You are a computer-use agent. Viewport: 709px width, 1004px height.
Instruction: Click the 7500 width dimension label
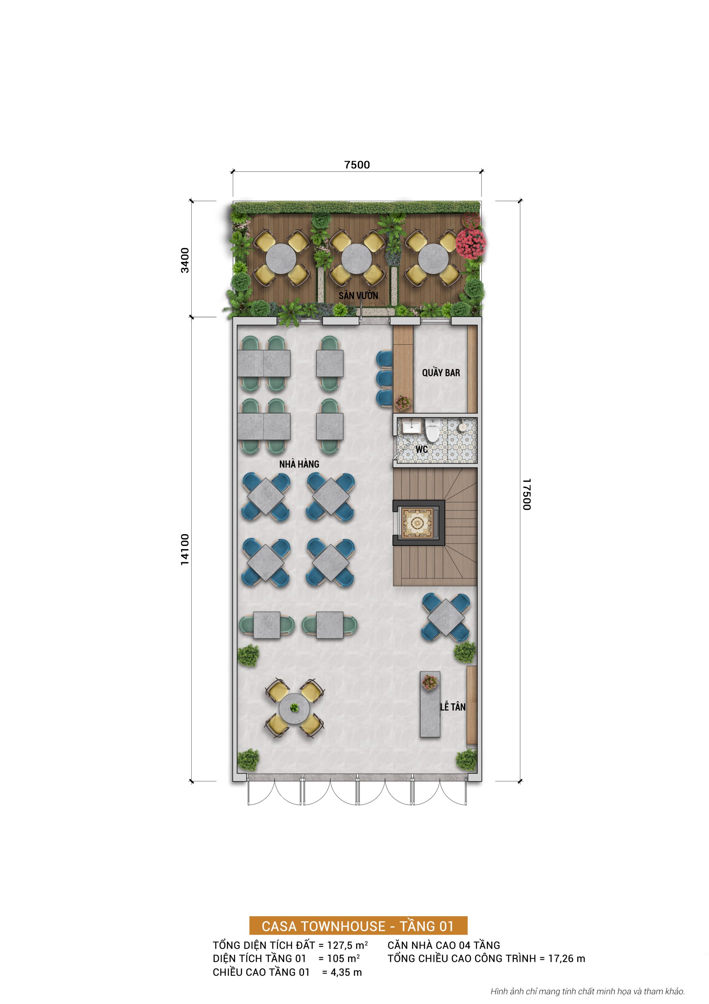[x=357, y=165]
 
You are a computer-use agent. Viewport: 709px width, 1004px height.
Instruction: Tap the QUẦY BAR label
[x=441, y=373]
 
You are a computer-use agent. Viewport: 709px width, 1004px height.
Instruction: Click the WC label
[x=421, y=449]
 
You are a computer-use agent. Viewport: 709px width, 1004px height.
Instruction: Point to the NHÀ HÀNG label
[x=299, y=464]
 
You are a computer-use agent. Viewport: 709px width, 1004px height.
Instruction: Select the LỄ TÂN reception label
[x=452, y=707]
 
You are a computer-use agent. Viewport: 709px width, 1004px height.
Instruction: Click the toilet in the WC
[x=432, y=430]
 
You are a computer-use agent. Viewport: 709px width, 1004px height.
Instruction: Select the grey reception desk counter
[x=430, y=704]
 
